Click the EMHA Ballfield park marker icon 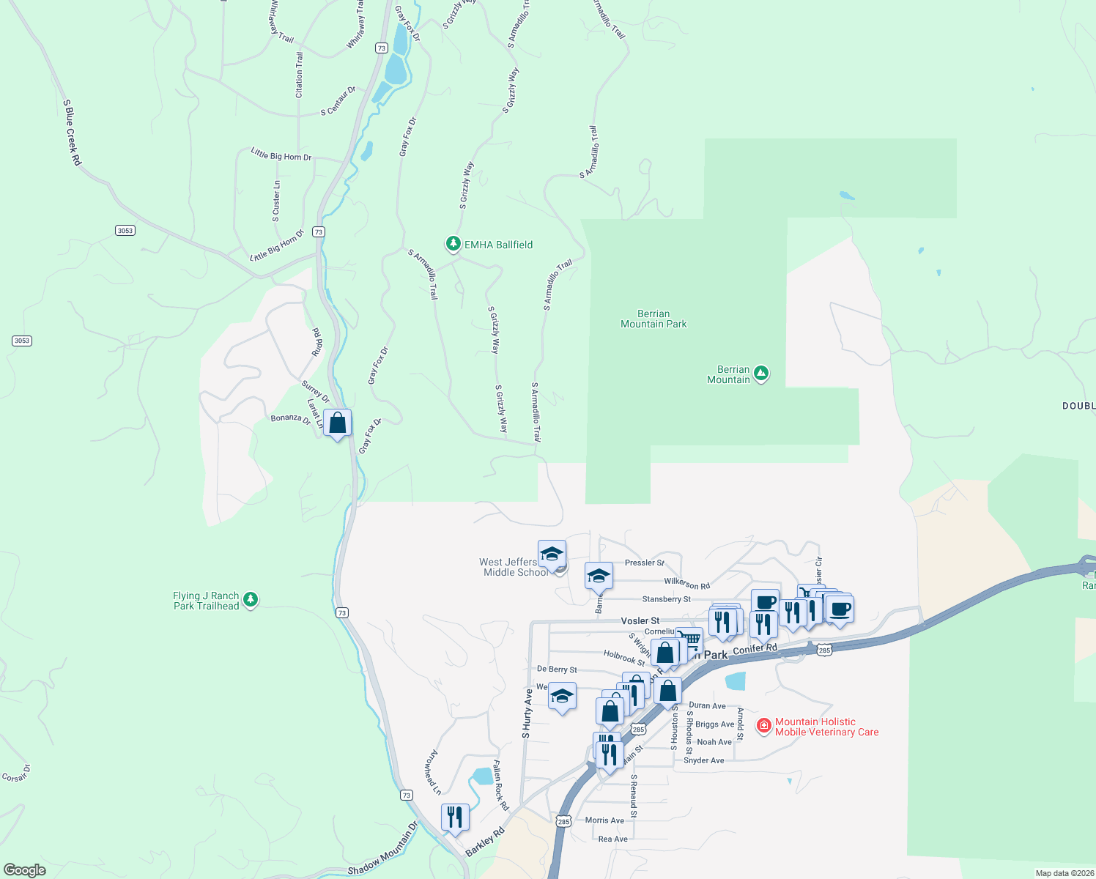(x=453, y=244)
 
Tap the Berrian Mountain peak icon (x=761, y=374)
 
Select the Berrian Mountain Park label (x=653, y=319)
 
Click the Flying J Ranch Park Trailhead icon (x=251, y=600)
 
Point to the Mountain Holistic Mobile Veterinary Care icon (x=764, y=725)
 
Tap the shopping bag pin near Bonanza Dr (x=337, y=423)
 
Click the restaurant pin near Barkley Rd (x=455, y=817)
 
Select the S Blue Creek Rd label (x=72, y=133)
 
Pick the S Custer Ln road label (x=276, y=201)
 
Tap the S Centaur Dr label (x=338, y=101)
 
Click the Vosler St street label (x=640, y=620)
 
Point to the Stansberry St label (x=666, y=599)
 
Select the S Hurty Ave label (x=527, y=713)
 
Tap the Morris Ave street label (x=604, y=820)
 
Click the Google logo (x=25, y=870)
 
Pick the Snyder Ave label (x=703, y=760)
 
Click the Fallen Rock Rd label (x=500, y=785)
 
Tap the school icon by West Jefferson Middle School (x=552, y=554)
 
